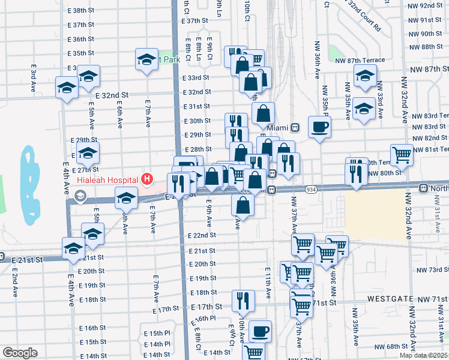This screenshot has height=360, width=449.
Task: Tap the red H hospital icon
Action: pos(146,179)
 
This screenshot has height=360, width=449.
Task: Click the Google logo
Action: pos(20,353)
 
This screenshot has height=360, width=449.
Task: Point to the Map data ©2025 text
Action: pos(423,355)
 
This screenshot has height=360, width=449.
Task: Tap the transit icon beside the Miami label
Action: pos(295,128)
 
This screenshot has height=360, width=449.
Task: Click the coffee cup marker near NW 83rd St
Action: pos(319,127)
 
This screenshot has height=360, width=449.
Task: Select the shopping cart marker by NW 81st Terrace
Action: pos(402,155)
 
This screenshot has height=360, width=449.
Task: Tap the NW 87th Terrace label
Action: pos(381,60)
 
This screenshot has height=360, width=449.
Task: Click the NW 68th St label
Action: pos(390,347)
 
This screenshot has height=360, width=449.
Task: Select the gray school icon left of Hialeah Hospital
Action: pos(80,196)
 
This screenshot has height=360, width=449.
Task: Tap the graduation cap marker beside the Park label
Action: pos(146,59)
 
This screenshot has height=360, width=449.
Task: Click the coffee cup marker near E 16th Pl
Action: pos(260,331)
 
